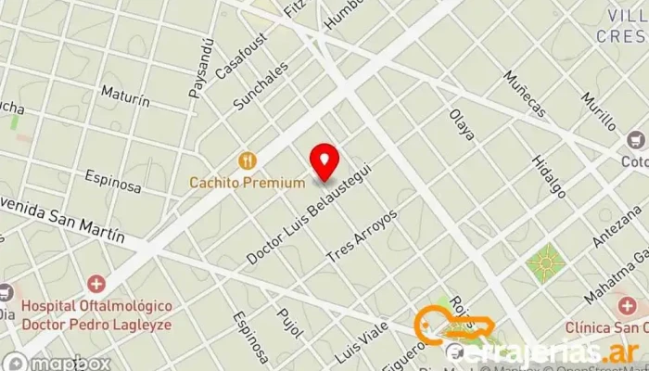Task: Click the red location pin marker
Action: point(324,160)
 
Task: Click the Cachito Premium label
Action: point(247,183)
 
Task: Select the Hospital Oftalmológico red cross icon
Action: point(96,283)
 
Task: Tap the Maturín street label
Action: point(125,97)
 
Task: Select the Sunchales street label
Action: point(261,85)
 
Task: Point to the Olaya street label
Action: point(462,124)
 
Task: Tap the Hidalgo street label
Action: point(548,176)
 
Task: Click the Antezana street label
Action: point(612,225)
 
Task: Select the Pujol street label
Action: point(289,325)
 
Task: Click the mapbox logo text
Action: point(70,363)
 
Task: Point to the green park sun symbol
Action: point(545,263)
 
